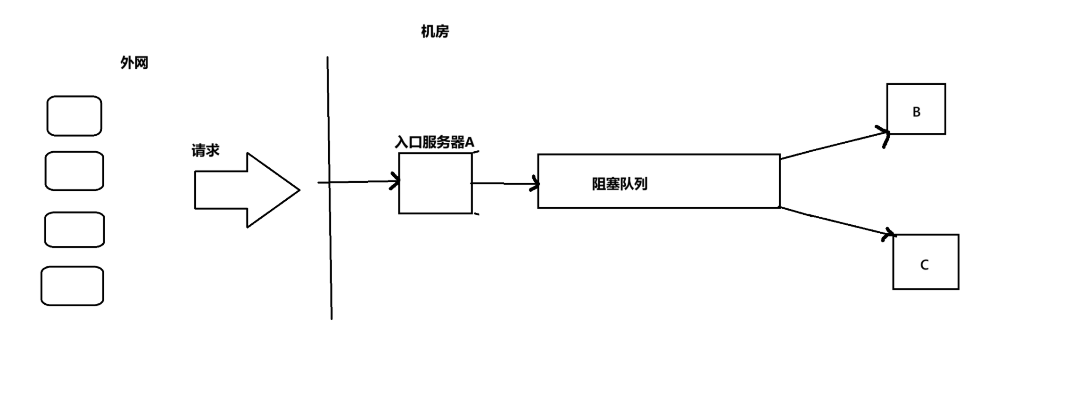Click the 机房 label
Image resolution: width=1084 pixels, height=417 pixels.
pos(435,32)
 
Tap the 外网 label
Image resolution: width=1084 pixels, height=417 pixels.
pos(134,63)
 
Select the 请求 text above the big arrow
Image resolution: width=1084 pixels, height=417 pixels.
pos(206,151)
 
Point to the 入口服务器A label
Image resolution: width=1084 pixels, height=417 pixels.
pos(434,142)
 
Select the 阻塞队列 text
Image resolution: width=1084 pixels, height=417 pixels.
pos(620,184)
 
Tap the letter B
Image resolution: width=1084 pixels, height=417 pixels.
pos(917,112)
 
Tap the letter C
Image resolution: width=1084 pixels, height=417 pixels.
pos(924,265)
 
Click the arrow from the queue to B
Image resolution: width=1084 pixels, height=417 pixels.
pos(835,146)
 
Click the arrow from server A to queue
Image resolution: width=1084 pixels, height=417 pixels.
pos(505,183)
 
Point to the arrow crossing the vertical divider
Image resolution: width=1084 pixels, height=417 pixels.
pos(358,182)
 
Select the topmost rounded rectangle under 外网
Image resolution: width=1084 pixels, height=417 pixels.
pos(74,116)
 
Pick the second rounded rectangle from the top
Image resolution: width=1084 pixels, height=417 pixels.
pos(74,171)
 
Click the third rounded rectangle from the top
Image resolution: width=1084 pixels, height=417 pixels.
pos(74,229)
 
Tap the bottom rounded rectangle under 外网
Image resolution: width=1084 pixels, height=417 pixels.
pos(72,286)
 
